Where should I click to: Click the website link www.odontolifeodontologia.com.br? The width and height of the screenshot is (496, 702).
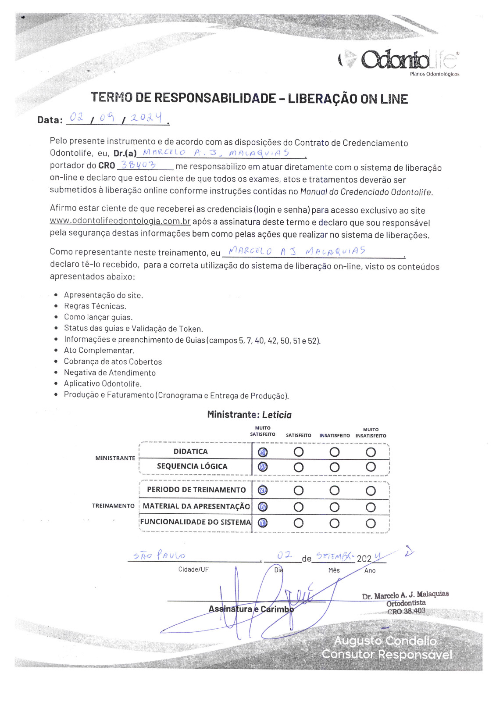[x=120, y=222]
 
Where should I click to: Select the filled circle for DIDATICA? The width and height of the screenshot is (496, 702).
[x=263, y=452]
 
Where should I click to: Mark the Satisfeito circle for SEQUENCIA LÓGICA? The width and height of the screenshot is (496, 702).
[x=299, y=467]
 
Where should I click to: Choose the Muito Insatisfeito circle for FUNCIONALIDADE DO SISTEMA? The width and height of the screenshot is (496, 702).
[x=371, y=523]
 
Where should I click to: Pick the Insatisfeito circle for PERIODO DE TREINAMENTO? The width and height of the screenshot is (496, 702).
[x=335, y=491]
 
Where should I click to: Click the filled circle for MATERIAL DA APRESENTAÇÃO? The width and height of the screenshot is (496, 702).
[x=263, y=507]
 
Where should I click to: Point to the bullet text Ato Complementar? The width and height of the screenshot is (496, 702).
[x=99, y=351]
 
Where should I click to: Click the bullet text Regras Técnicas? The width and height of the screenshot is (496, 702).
[x=95, y=306]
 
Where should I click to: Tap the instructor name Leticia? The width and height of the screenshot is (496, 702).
[x=277, y=415]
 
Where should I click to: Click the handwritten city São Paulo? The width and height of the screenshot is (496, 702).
[x=159, y=556]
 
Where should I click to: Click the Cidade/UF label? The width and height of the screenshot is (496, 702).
[x=193, y=569]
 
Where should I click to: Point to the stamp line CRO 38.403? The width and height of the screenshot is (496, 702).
[x=406, y=611]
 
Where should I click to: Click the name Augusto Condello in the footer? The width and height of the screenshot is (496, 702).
[x=385, y=641]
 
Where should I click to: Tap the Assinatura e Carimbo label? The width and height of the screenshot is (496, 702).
[x=251, y=609]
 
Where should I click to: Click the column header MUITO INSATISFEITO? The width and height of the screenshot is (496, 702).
[x=371, y=433]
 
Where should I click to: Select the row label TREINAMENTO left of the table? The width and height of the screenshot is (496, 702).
[x=113, y=506]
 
